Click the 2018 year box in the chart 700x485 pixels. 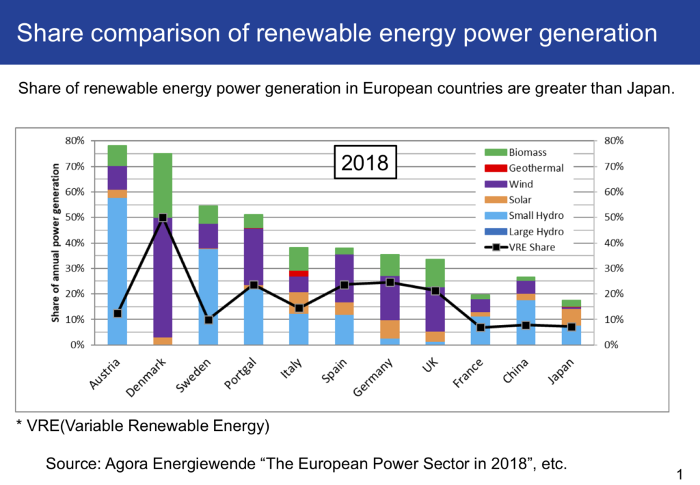click(x=365, y=162)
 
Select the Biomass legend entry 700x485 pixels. click(x=526, y=153)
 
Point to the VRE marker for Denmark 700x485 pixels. click(x=163, y=218)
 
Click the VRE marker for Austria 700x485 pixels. click(x=118, y=313)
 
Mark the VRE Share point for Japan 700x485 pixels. click(x=571, y=327)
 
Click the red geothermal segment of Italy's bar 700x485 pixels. click(x=299, y=274)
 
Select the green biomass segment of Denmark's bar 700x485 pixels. click(x=163, y=185)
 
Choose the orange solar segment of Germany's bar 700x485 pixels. click(x=390, y=329)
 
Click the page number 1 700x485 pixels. click(x=679, y=473)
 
